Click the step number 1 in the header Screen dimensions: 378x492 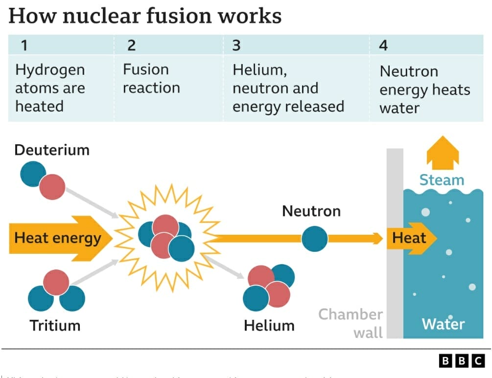coord(23,45)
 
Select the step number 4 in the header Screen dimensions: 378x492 coord(383,45)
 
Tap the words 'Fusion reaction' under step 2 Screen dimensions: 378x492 coord(151,79)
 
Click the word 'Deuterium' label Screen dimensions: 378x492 coord(52,150)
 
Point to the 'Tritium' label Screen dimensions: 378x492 coord(55,325)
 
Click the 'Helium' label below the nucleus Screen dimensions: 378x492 coord(269,325)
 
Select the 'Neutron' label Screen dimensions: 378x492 coord(311,211)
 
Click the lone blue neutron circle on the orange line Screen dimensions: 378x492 coord(314,239)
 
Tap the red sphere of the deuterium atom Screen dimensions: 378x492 coord(52,187)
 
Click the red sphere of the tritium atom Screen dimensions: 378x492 coord(56,282)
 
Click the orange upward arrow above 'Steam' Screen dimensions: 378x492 coord(443,153)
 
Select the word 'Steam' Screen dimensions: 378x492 coord(442,180)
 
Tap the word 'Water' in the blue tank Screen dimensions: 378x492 coord(443,324)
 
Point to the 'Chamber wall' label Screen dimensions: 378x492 coord(351,323)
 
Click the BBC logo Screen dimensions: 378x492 coord(462,361)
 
